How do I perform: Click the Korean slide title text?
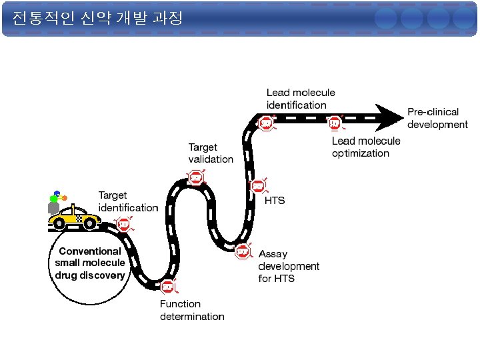(97, 18)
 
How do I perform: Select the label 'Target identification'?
(128, 201)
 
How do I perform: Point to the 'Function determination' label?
(192, 310)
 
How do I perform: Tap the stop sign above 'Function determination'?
(167, 287)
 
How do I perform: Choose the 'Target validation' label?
(211, 153)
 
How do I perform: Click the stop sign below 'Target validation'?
(195, 177)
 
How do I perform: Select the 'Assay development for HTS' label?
(289, 266)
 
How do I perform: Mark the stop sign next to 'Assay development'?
(243, 251)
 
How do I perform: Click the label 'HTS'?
(275, 201)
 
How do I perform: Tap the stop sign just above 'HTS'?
(257, 186)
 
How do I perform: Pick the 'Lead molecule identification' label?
(301, 99)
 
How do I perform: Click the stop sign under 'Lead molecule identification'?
(266, 123)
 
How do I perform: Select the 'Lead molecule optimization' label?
(366, 147)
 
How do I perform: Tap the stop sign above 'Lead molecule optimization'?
(334, 123)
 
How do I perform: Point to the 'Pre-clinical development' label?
(437, 118)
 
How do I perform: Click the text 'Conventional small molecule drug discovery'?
(90, 263)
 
